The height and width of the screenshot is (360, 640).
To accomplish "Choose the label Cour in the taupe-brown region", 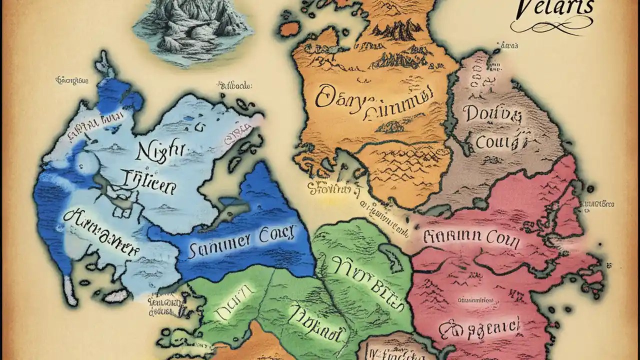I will (495, 142).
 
